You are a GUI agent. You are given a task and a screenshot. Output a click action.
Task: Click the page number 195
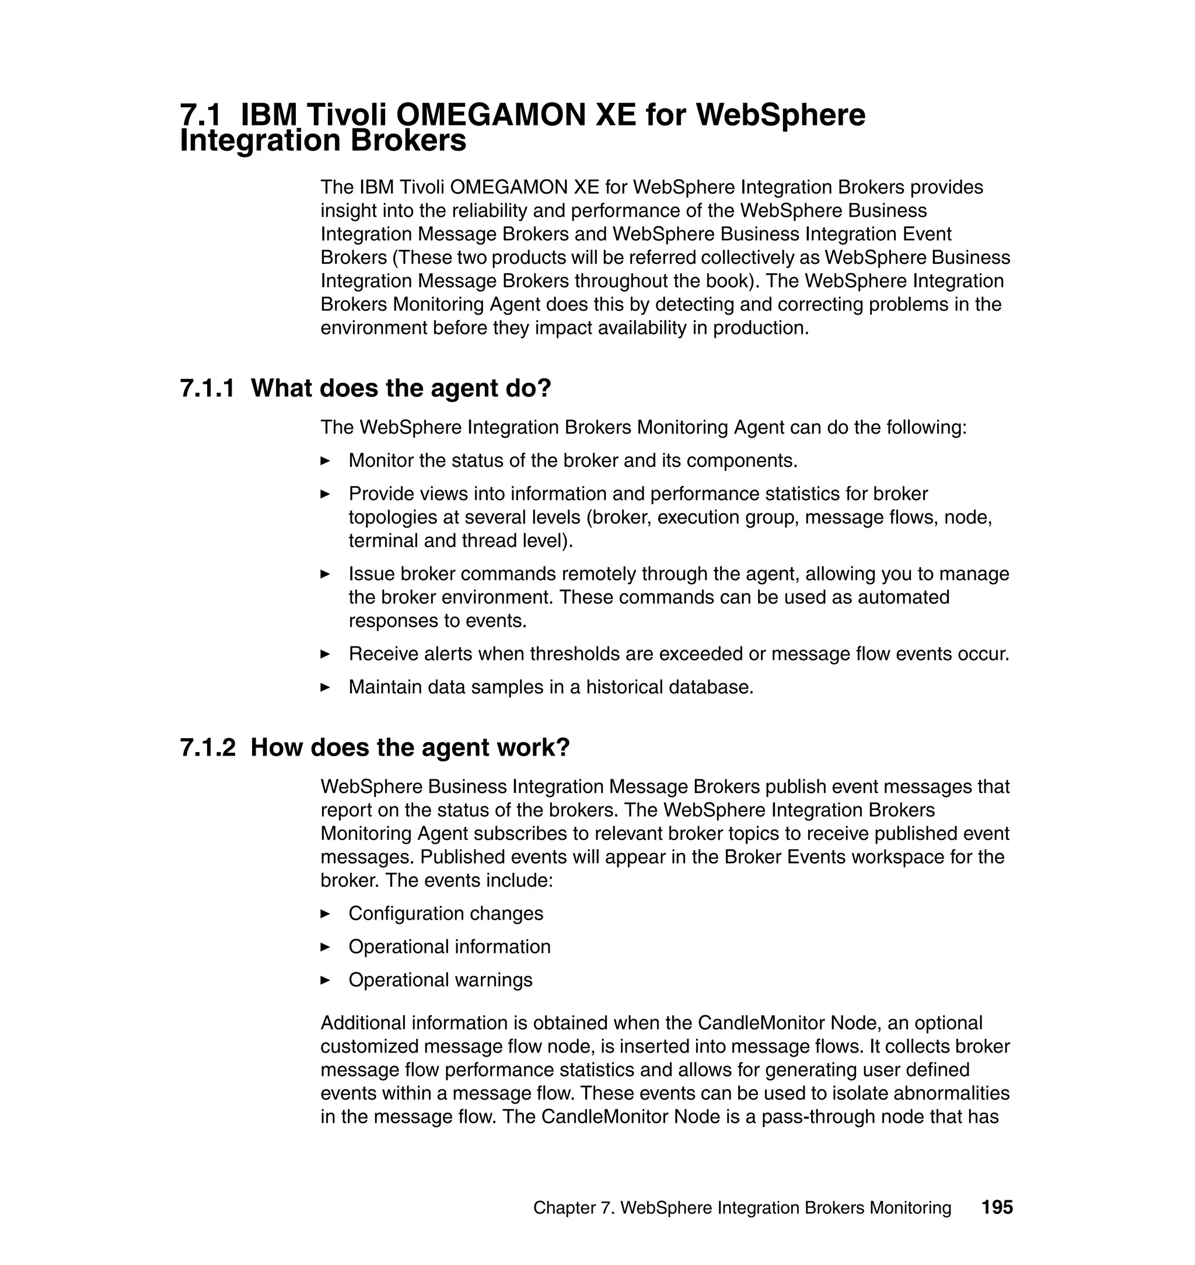click(x=997, y=1208)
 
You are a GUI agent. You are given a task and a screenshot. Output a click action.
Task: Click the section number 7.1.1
click(x=208, y=389)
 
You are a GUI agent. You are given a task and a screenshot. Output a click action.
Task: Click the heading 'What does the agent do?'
click(x=401, y=389)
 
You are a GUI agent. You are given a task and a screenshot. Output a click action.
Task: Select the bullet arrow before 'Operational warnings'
click(x=325, y=980)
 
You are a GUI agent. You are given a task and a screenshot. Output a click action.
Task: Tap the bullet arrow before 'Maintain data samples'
click(x=325, y=688)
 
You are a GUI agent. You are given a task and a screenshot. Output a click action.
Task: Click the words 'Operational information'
click(x=449, y=947)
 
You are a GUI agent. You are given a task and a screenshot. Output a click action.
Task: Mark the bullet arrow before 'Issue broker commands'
click(x=325, y=575)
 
